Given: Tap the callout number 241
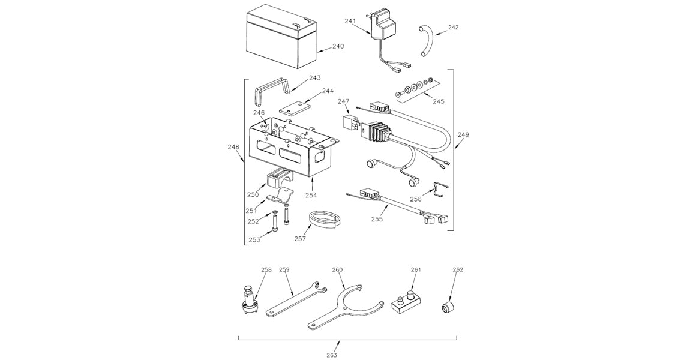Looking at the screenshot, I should pos(351,22).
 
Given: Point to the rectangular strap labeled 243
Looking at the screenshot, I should pos(272,89).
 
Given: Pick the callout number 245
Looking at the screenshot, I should pos(439,101).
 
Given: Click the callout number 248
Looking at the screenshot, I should pos(234,146).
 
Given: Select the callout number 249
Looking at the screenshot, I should pos(463,134).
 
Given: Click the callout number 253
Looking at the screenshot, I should pos(255,240).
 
